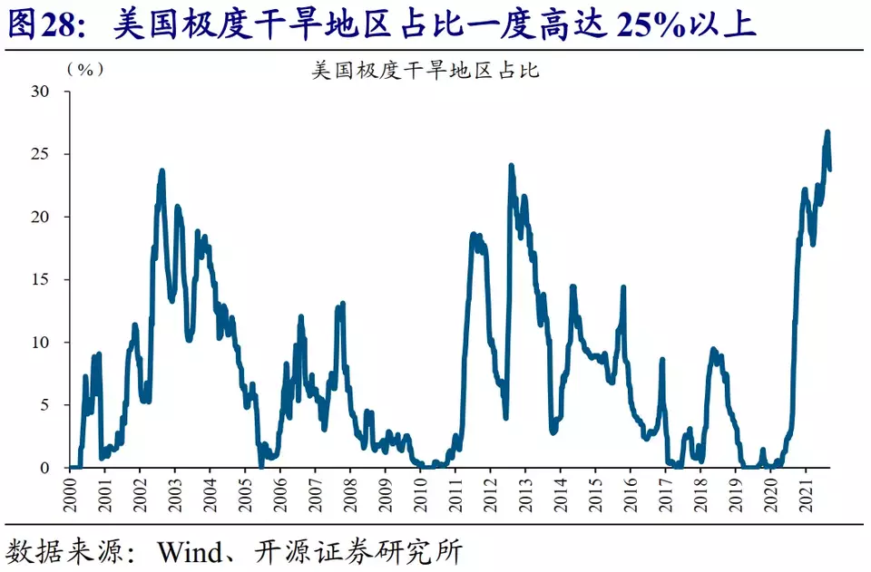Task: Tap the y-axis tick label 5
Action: [x=44, y=405]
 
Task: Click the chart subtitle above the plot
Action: [x=425, y=70]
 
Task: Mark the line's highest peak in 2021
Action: [x=827, y=132]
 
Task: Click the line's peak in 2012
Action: [x=511, y=166]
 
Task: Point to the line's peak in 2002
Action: [x=161, y=170]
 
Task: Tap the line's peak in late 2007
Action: [x=342, y=304]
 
